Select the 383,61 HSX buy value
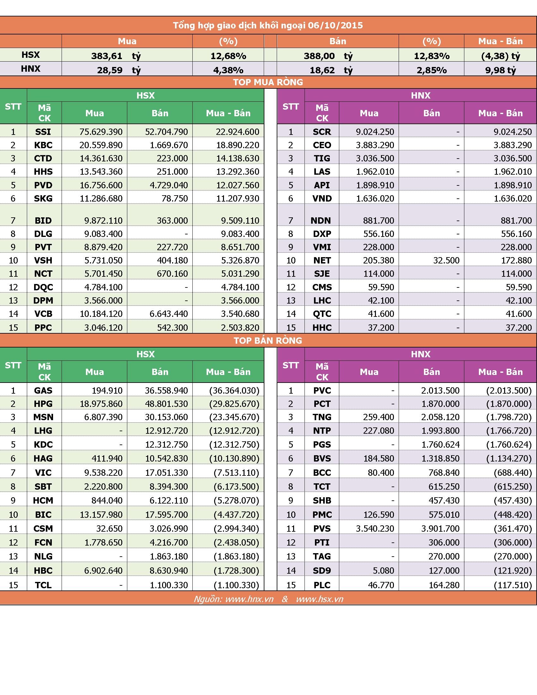click(107, 56)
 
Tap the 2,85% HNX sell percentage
click(432, 70)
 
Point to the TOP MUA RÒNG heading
click(268, 82)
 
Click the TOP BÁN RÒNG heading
click(268, 341)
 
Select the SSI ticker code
click(43, 132)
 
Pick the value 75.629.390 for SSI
click(101, 132)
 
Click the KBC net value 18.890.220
click(238, 145)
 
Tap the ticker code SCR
click(322, 132)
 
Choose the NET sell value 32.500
click(446, 260)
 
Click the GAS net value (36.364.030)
click(234, 390)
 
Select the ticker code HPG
click(43, 404)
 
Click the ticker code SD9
click(322, 571)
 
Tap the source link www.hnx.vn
click(250, 599)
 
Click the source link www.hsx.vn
click(320, 599)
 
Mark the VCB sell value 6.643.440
click(169, 314)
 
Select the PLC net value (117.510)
click(513, 585)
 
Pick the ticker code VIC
click(43, 473)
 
